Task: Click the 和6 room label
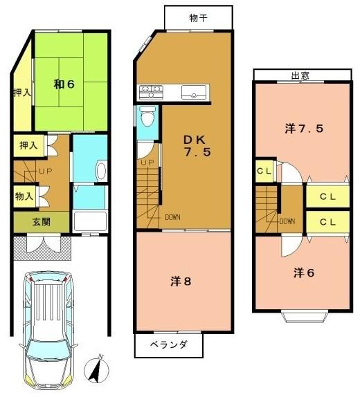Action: click(x=64, y=84)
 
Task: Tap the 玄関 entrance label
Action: click(x=42, y=222)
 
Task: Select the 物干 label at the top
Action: click(x=198, y=18)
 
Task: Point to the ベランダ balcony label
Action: click(x=169, y=344)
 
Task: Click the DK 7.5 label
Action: click(x=197, y=145)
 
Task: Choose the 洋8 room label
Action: click(x=181, y=281)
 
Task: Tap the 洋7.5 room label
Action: click(x=304, y=129)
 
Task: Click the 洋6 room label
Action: click(x=304, y=273)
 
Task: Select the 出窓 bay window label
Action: click(x=300, y=75)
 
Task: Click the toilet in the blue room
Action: click(x=147, y=116)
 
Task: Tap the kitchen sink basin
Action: click(x=194, y=92)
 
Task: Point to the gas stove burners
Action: click(x=151, y=92)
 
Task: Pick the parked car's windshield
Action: click(x=48, y=350)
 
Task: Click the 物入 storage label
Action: click(x=24, y=196)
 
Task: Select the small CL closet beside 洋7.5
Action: click(x=264, y=171)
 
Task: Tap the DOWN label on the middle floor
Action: click(x=172, y=217)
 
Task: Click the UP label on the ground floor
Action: click(x=46, y=172)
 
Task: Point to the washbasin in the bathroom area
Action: click(x=101, y=171)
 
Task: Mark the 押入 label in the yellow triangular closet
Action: click(x=22, y=93)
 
